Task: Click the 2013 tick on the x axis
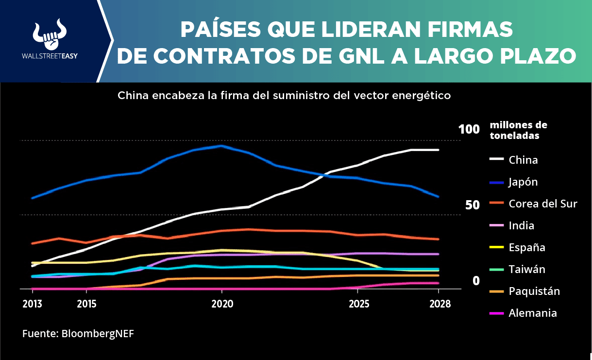32,304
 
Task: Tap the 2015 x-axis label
86,304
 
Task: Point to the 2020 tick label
222,304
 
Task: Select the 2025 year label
359,304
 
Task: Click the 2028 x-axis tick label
440,304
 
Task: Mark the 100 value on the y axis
469,129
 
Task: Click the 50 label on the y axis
473,205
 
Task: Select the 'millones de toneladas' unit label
518,130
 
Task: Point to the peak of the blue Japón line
221,146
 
